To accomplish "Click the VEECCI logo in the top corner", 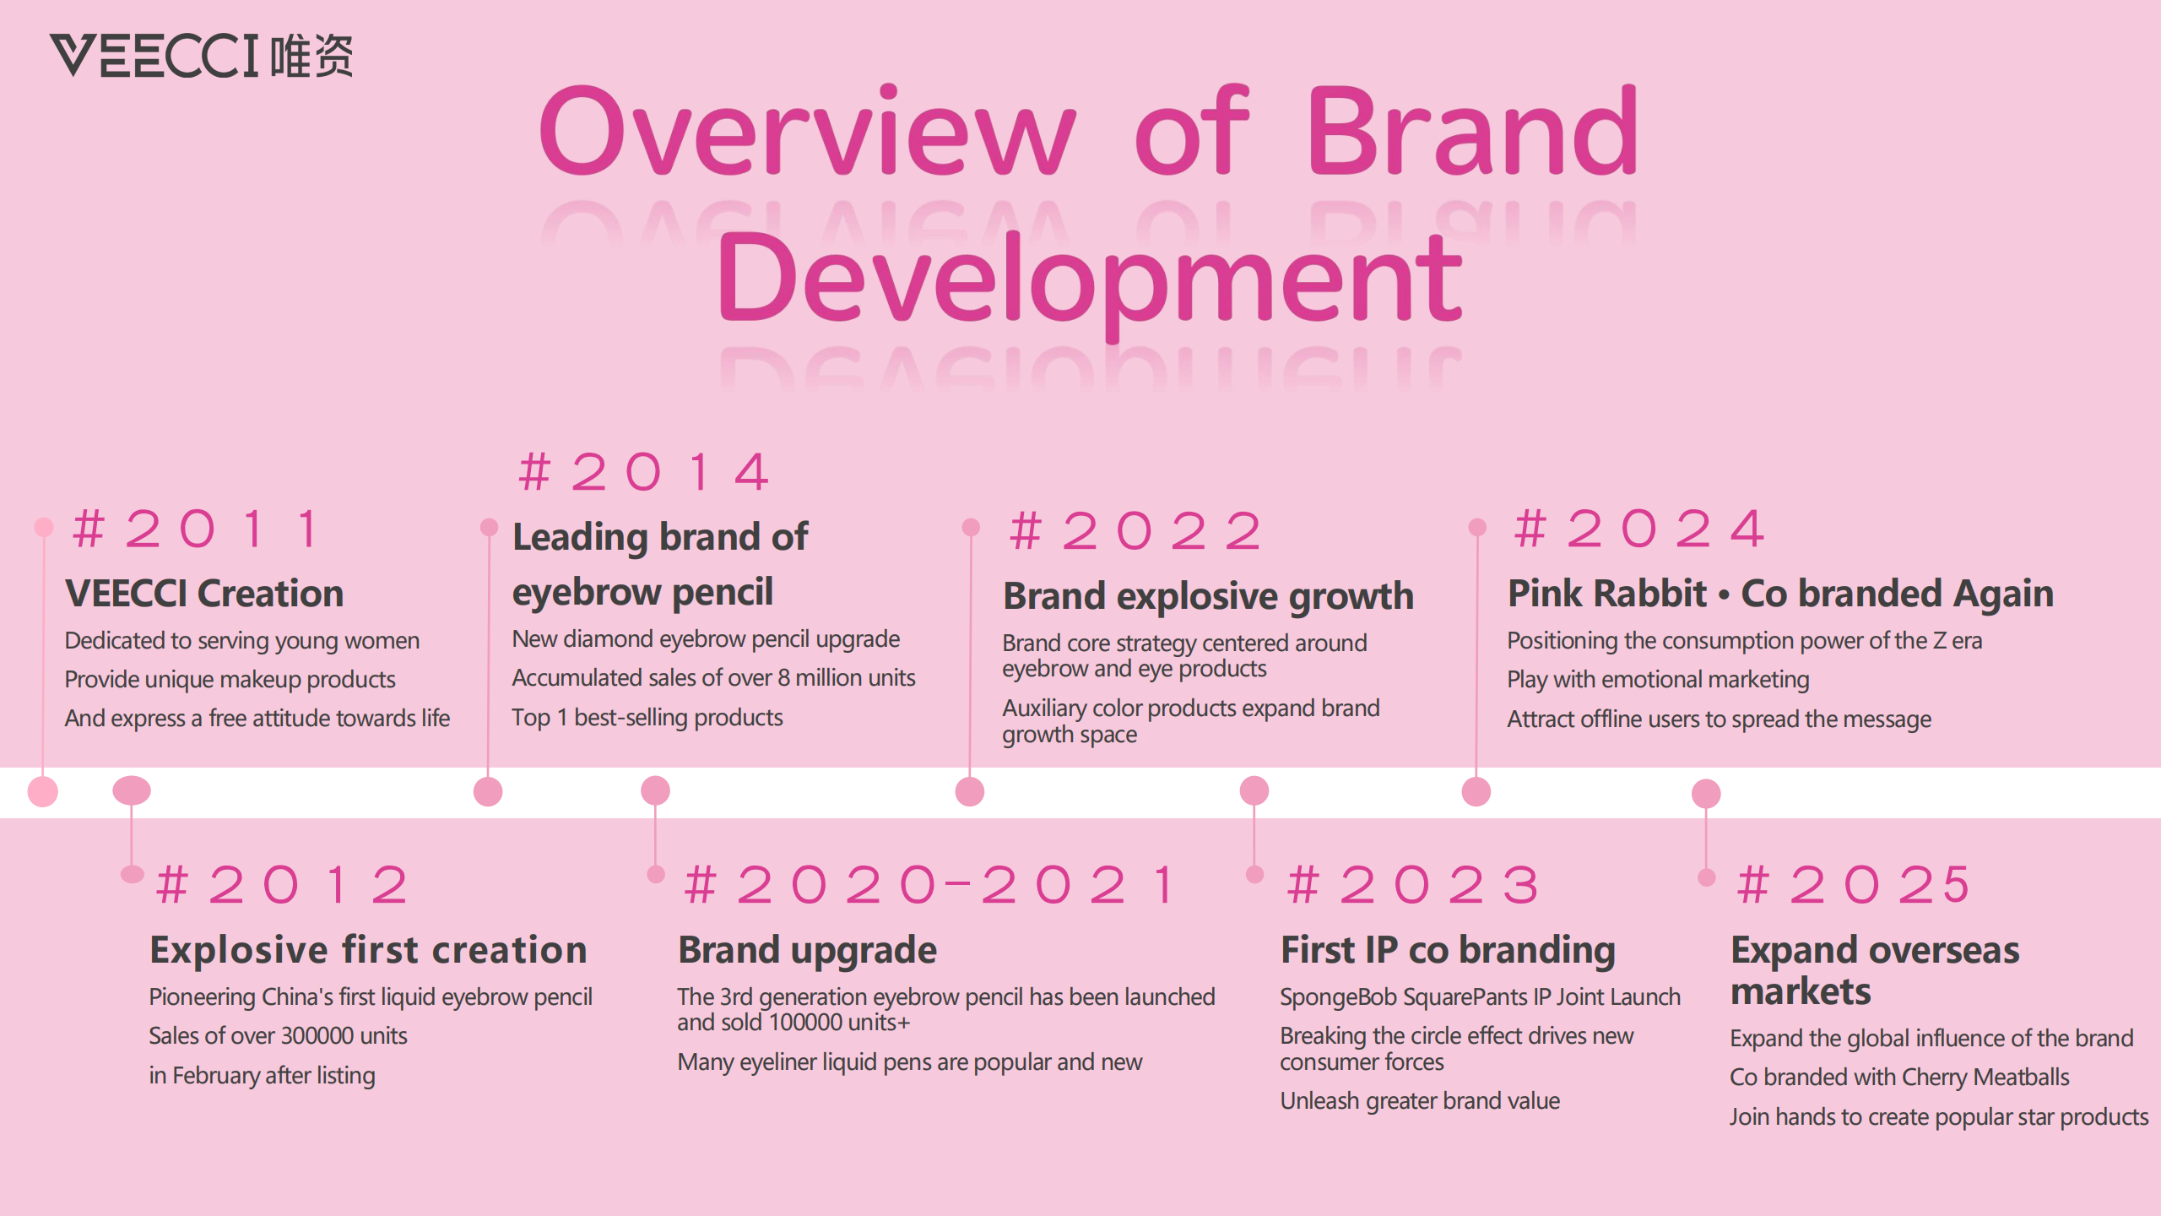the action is pyautogui.click(x=201, y=56).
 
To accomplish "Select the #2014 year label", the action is pyautogui.click(x=644, y=471).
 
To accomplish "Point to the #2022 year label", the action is pyautogui.click(x=1135, y=531).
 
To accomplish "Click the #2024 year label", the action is pyautogui.click(x=1639, y=529).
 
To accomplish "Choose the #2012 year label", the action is pyautogui.click(x=283, y=885).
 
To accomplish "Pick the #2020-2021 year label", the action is pyautogui.click(x=929, y=885).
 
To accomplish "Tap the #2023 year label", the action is pyautogui.click(x=1413, y=885).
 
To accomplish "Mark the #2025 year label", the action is pyautogui.click(x=1854, y=885).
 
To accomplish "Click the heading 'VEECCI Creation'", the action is pyautogui.click(x=204, y=593).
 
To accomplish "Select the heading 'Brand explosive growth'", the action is pyautogui.click(x=1208, y=596).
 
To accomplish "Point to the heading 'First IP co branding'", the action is pyautogui.click(x=1448, y=950).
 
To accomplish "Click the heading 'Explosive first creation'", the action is pyautogui.click(x=368, y=950).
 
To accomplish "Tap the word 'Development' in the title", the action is pyautogui.click(x=1089, y=281).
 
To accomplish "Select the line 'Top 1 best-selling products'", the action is pyautogui.click(x=647, y=718).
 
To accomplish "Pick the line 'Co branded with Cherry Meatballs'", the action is pyautogui.click(x=1899, y=1078).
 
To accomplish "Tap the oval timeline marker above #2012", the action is pyautogui.click(x=132, y=790).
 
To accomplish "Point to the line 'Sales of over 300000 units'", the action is pyautogui.click(x=278, y=1036).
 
